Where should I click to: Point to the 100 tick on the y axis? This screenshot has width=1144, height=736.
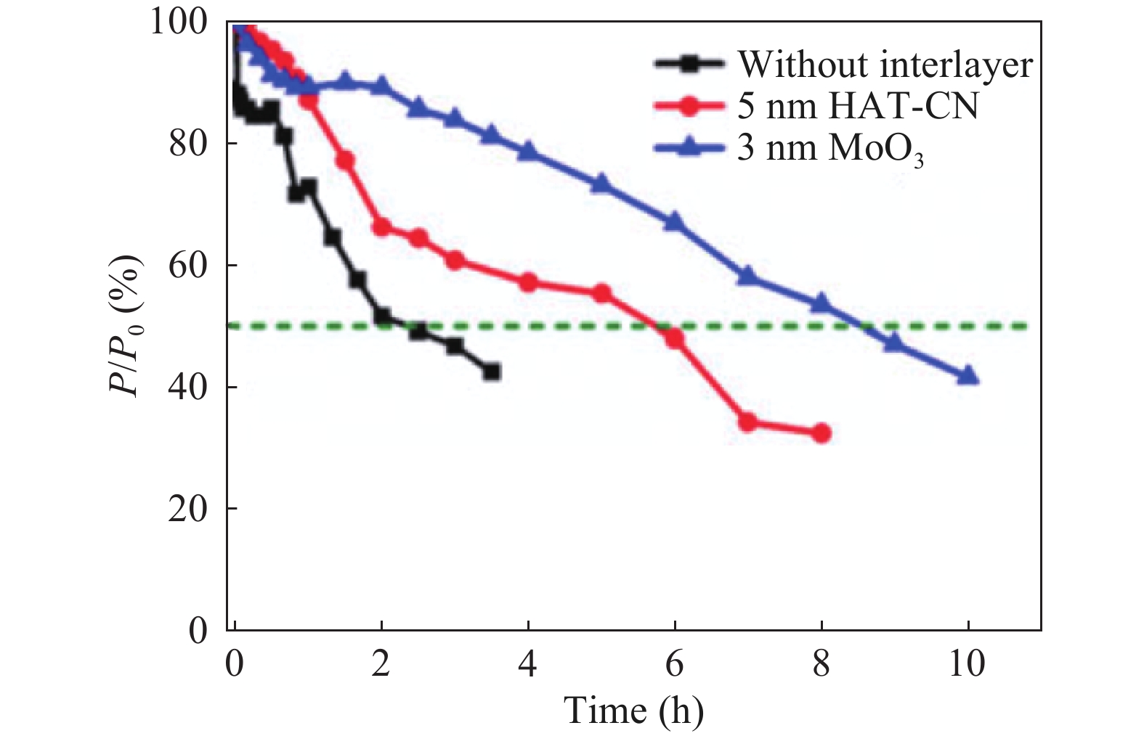[178, 22]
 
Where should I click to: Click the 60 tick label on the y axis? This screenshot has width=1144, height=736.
[187, 265]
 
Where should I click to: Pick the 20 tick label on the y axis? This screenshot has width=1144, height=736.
[187, 508]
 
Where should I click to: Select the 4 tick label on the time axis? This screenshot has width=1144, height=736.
[528, 663]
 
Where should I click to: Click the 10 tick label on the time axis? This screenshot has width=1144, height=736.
[967, 663]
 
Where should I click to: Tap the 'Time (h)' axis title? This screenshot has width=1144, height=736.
[634, 709]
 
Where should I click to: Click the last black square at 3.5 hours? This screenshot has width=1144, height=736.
[492, 372]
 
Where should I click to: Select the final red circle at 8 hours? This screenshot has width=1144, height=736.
[822, 433]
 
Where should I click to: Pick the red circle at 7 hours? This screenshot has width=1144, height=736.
[747, 422]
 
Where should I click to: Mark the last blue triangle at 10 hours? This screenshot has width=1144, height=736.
[967, 376]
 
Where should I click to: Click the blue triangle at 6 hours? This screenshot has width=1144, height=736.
[675, 221]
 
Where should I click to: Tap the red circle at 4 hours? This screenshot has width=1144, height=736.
[528, 283]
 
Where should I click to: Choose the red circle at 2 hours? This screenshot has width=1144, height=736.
[381, 227]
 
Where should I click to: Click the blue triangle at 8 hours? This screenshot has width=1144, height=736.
[822, 303]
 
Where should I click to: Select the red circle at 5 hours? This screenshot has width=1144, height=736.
[601, 293]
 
